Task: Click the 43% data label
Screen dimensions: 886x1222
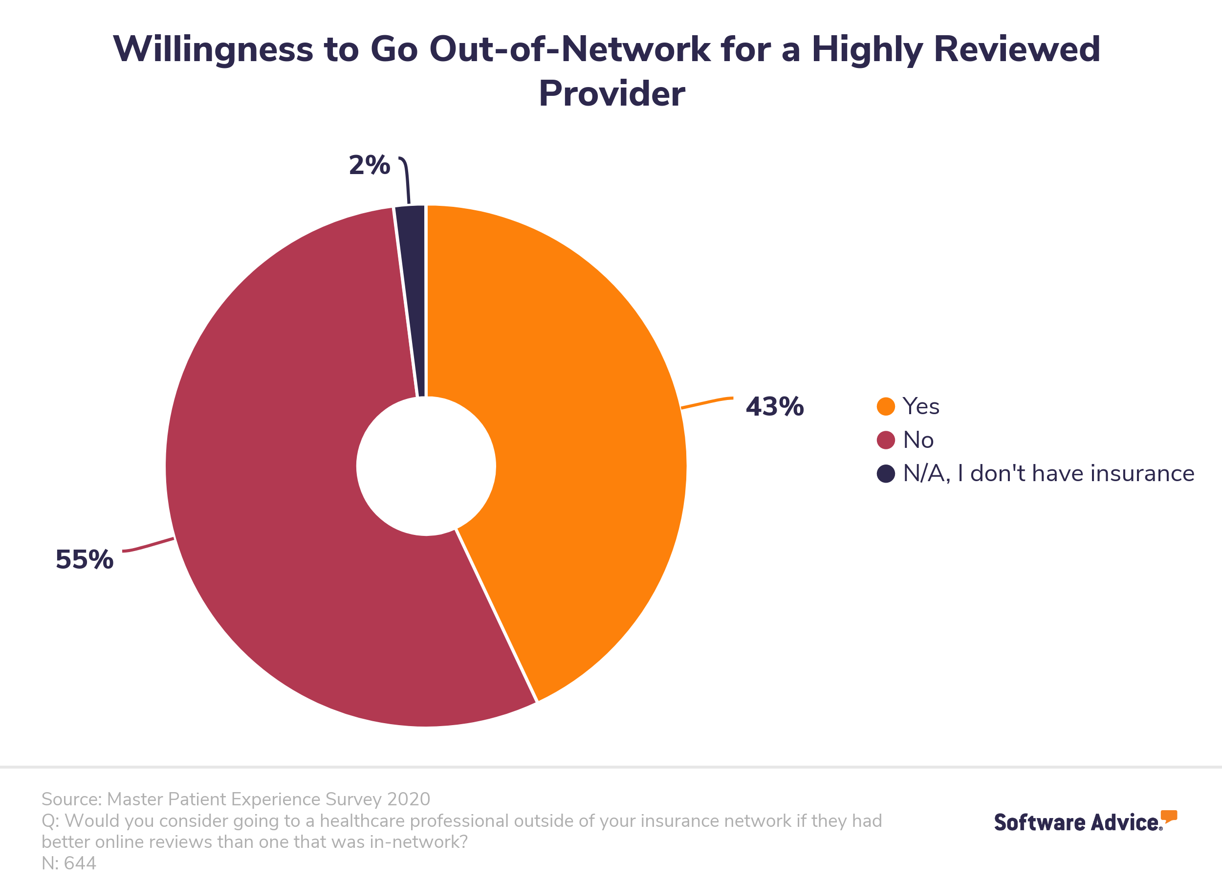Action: coord(774,406)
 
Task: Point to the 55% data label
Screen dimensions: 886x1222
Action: coord(85,559)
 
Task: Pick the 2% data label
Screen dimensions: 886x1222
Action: coord(369,165)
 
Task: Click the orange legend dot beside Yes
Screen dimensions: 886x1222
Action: coord(886,406)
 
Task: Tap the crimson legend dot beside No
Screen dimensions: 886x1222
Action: coord(886,440)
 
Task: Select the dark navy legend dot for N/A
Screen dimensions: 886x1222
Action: coord(886,474)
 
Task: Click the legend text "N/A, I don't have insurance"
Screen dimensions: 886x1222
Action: coord(1048,474)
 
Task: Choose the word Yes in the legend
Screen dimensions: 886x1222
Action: coord(921,406)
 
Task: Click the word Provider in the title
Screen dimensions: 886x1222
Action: coord(611,93)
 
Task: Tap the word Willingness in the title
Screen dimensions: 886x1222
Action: coord(213,49)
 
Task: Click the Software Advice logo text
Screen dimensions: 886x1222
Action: coord(1076,822)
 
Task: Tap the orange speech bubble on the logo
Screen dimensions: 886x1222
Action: coord(1169,816)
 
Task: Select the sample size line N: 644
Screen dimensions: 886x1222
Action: coord(69,864)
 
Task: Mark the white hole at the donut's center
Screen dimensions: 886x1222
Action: coord(426,466)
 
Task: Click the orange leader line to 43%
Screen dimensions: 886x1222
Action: coord(707,402)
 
